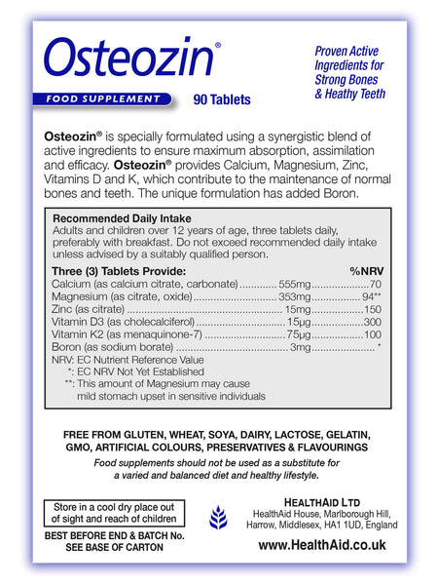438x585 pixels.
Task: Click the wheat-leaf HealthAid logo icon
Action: (x=221, y=519)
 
